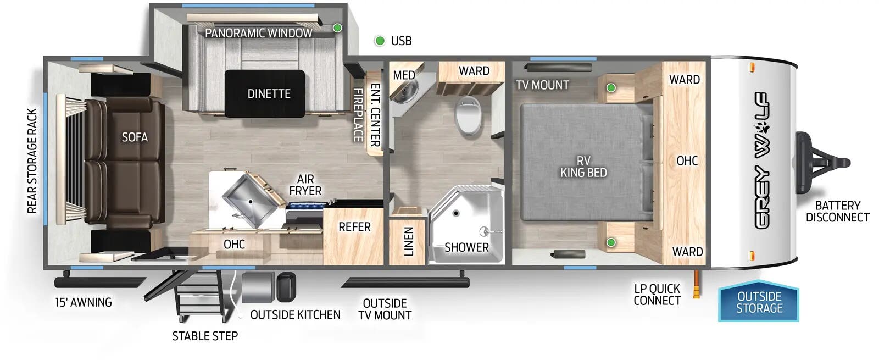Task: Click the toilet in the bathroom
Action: tap(468, 115)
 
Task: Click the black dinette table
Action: tap(264, 94)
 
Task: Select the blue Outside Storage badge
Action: tap(759, 302)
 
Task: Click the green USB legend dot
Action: tap(380, 41)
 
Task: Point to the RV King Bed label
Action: tap(583, 167)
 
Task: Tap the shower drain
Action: tap(455, 213)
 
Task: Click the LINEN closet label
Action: tap(409, 241)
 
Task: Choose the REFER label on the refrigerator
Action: tap(354, 227)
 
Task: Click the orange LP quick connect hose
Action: tap(697, 284)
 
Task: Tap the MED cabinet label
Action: tap(404, 75)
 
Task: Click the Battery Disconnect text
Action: tap(837, 211)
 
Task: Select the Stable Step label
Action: tap(205, 336)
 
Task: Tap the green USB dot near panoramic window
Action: tap(337, 28)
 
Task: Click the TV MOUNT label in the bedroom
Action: tap(542, 85)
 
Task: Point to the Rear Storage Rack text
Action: tap(32, 161)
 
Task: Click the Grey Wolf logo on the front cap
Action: tap(761, 160)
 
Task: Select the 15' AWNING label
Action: tap(84, 302)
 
